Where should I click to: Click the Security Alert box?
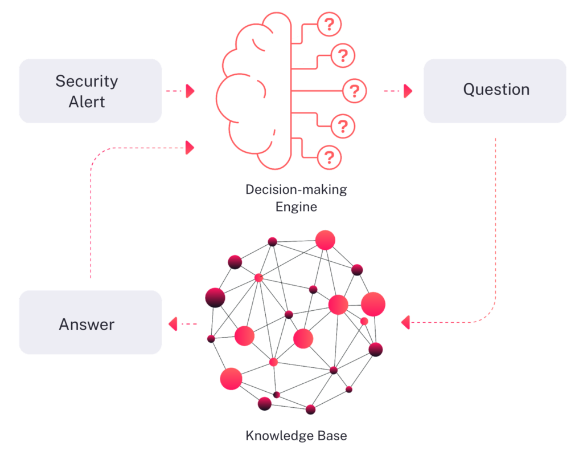click(x=90, y=91)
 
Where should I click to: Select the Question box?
click(x=495, y=91)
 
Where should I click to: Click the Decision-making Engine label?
click(x=296, y=197)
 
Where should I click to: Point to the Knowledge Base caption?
click(x=296, y=436)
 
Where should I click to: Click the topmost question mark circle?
click(x=329, y=25)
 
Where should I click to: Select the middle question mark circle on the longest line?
click(x=354, y=91)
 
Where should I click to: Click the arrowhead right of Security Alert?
click(x=190, y=91)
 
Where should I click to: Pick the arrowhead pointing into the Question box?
click(x=408, y=91)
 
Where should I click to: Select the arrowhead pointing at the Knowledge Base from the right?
click(x=405, y=323)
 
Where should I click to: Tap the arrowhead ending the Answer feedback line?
click(x=190, y=148)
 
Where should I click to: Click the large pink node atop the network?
click(x=325, y=240)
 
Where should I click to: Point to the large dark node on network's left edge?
click(x=215, y=297)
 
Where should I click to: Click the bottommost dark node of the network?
click(x=310, y=409)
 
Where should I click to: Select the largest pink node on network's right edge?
click(x=373, y=303)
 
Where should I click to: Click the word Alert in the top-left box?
click(x=87, y=102)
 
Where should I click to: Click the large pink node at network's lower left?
click(x=231, y=379)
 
